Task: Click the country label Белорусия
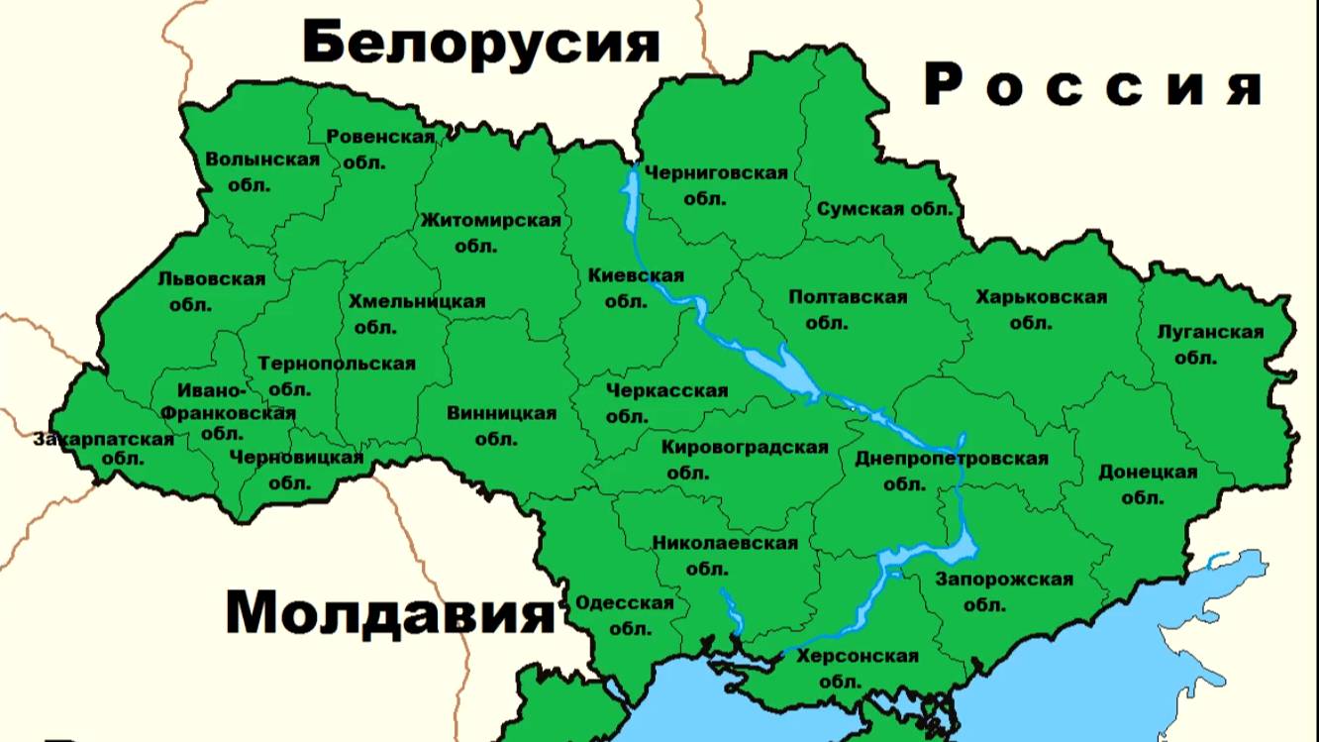pos(480,43)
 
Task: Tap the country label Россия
pos(1093,85)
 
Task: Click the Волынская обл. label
pos(262,170)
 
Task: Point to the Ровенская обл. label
pos(380,149)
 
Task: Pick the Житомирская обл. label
pos(490,232)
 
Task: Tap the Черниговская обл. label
pos(716,184)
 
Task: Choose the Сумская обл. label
pos(884,209)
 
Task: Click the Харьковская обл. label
pos(1041,309)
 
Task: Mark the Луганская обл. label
pos(1210,344)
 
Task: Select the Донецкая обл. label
pos(1148,483)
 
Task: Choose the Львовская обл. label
pos(211,291)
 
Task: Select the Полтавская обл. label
pos(848,309)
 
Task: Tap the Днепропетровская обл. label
pos(951,471)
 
